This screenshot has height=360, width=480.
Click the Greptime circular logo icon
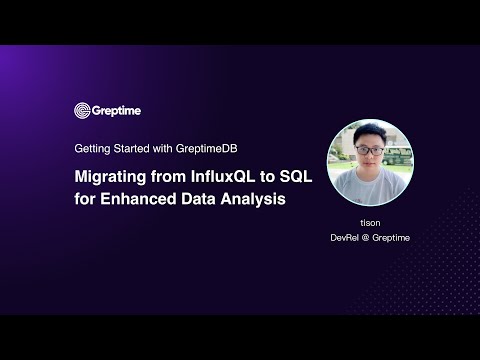click(x=82, y=110)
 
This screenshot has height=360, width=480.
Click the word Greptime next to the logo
click(x=115, y=110)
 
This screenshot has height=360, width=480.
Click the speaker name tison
click(x=371, y=224)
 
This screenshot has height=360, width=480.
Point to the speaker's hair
click(x=369, y=133)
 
